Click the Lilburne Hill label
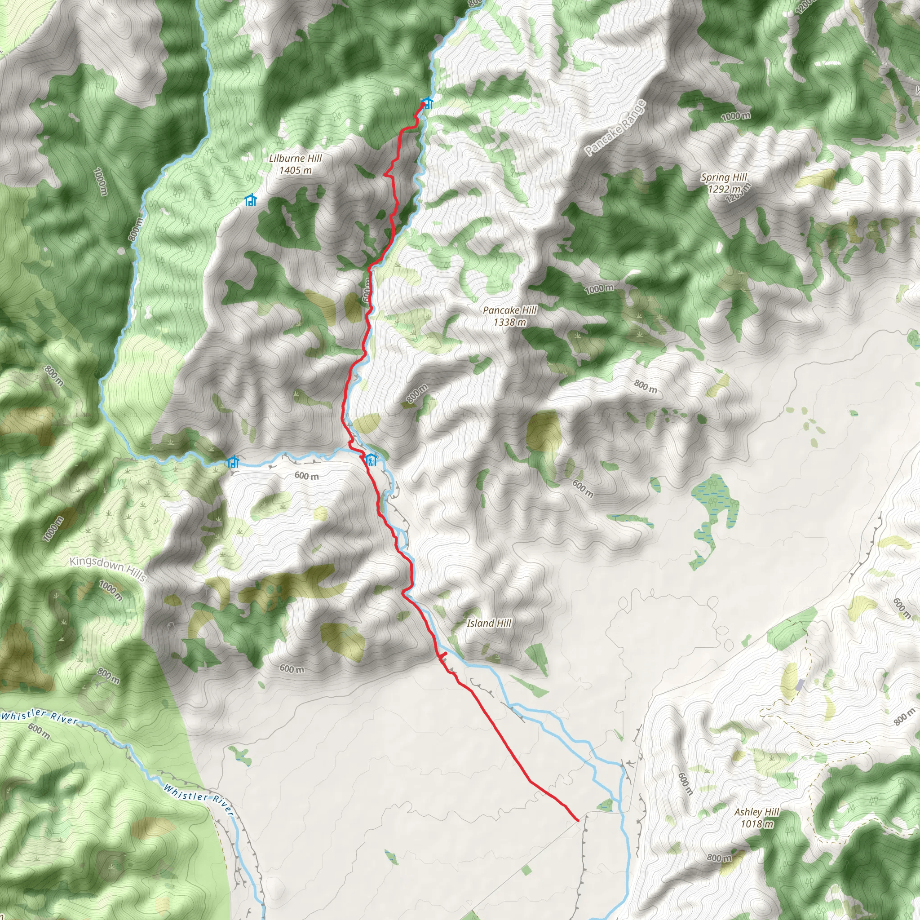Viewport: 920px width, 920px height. [x=295, y=164]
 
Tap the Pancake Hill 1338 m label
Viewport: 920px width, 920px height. [x=509, y=316]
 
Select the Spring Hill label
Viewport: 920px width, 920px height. [x=724, y=183]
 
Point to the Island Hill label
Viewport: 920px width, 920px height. [x=489, y=623]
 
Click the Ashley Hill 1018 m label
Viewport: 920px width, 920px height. [x=756, y=818]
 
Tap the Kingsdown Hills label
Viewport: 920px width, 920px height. [x=108, y=568]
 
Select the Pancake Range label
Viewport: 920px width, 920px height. [x=616, y=127]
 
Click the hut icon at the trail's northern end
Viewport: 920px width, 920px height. [x=427, y=102]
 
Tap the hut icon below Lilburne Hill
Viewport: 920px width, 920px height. [x=251, y=200]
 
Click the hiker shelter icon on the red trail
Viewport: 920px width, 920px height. [x=371, y=460]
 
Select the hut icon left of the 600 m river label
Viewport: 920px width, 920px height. [x=233, y=461]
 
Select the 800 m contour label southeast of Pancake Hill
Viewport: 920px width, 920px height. [x=645, y=386]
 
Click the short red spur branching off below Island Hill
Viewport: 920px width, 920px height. [x=442, y=656]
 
